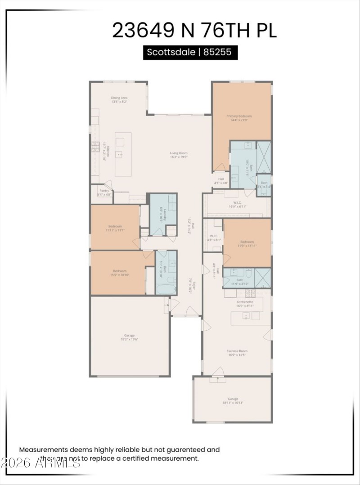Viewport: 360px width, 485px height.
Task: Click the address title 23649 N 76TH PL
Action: (x=194, y=30)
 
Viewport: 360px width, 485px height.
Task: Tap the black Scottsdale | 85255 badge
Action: (x=189, y=52)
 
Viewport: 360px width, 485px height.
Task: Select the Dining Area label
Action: (x=120, y=99)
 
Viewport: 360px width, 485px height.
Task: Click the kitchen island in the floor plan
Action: (x=123, y=154)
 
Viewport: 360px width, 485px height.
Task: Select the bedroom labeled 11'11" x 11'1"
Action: (x=115, y=228)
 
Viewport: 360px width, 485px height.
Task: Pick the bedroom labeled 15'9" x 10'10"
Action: (x=119, y=273)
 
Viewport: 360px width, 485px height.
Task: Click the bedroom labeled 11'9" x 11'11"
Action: (x=247, y=243)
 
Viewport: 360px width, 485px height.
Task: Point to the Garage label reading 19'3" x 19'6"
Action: (x=129, y=337)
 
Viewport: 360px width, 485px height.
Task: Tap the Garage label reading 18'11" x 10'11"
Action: (x=233, y=401)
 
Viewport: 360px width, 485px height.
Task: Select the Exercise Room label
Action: (x=237, y=353)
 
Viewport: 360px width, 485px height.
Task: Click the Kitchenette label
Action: (x=245, y=304)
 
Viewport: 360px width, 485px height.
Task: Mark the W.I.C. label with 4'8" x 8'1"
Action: (x=214, y=238)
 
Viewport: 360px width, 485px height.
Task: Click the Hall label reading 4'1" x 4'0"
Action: (x=221, y=181)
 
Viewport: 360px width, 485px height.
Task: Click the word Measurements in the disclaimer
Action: (x=43, y=449)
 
